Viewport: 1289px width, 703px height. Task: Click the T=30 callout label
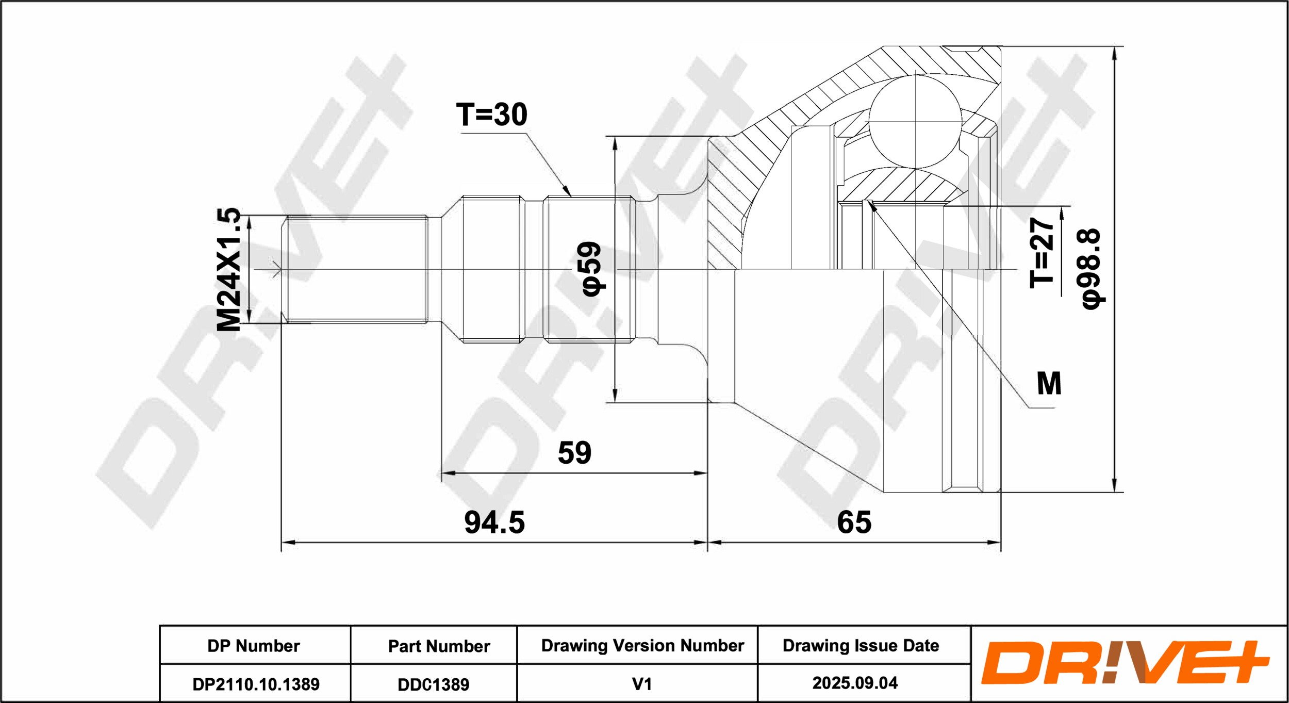pos(492,115)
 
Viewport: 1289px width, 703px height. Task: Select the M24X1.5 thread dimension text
pos(229,269)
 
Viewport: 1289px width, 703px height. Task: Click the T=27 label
pos(1042,252)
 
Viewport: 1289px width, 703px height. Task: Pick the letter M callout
pos(1049,384)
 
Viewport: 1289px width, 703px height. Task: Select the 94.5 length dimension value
pos(494,522)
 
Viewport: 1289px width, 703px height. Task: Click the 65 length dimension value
pos(854,522)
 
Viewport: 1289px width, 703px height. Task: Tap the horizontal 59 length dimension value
pos(574,452)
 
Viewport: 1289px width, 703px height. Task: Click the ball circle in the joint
pos(915,121)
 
